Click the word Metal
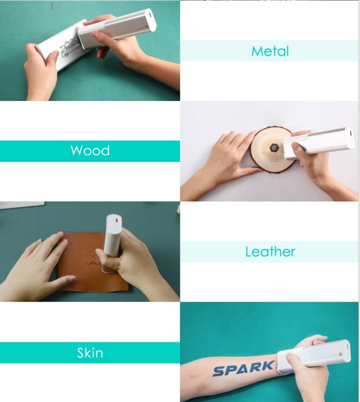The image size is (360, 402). tap(270, 51)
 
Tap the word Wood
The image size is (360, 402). tap(90, 150)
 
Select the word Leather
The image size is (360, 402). tap(270, 252)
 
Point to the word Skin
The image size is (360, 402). tap(90, 353)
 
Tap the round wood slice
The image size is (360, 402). tap(271, 149)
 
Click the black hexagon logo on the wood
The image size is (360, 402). tap(274, 148)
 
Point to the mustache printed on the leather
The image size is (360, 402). tap(93, 263)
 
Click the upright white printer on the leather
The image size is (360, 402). tap(113, 242)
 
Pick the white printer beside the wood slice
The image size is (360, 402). tap(319, 143)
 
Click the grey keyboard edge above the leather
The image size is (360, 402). tap(22, 205)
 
